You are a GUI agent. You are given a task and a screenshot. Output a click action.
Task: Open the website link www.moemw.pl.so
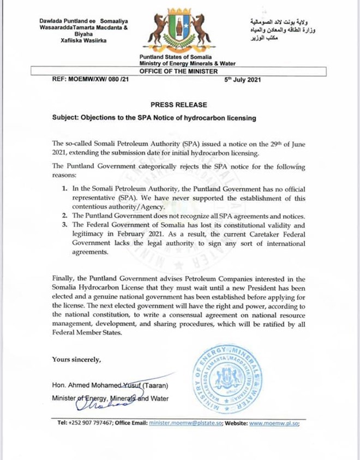tap(276, 423)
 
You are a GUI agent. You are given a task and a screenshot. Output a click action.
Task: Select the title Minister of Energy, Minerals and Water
tap(110, 398)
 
